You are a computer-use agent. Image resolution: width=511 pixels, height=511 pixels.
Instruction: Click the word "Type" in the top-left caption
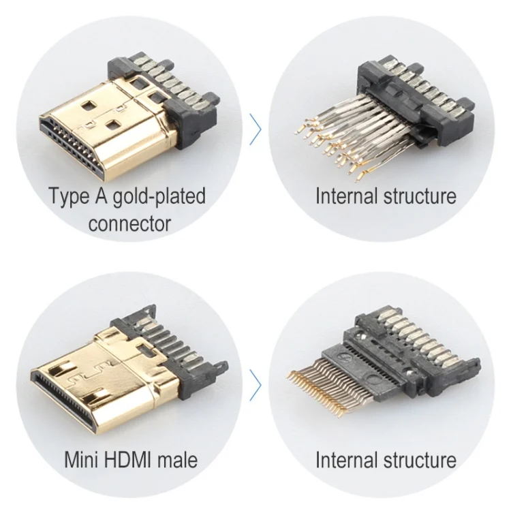[68, 196]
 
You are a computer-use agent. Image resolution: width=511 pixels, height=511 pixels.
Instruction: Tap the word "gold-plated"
[159, 197]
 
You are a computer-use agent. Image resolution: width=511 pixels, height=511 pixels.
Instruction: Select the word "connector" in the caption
[129, 224]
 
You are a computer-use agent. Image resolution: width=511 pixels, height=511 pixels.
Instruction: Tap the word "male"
[178, 460]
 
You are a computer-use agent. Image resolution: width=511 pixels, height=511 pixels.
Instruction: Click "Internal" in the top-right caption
[346, 196]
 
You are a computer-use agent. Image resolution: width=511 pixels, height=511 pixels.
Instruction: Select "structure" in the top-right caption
[420, 197]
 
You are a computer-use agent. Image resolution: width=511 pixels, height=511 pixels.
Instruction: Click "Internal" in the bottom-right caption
[346, 460]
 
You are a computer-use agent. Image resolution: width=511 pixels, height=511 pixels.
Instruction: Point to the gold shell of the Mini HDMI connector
[130, 378]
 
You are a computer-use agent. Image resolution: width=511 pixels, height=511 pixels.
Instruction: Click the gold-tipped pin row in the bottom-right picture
[329, 388]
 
